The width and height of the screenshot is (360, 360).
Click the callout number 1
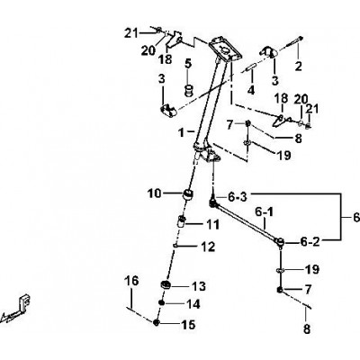tap(181, 132)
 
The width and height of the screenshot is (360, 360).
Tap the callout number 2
tap(298, 66)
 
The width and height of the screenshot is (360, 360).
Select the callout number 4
tap(251, 90)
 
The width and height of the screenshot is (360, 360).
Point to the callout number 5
tap(188, 64)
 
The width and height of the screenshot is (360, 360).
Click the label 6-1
tap(265, 212)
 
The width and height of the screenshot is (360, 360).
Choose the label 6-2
tap(310, 242)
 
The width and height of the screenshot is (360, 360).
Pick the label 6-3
tap(238, 197)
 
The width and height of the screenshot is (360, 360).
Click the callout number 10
tap(155, 193)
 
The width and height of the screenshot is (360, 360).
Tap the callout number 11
tap(212, 224)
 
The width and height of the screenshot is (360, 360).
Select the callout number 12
tap(209, 247)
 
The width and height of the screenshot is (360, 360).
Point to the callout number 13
tap(199, 286)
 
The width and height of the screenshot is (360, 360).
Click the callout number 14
tap(193, 304)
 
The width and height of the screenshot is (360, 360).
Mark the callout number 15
tap(188, 325)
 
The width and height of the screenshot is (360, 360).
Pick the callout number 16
tap(132, 281)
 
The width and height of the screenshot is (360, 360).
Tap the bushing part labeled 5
tap(188, 90)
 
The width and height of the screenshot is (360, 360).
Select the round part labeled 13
tap(166, 284)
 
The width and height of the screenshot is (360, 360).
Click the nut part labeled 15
tap(156, 323)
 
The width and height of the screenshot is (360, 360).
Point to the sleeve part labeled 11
tap(182, 222)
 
